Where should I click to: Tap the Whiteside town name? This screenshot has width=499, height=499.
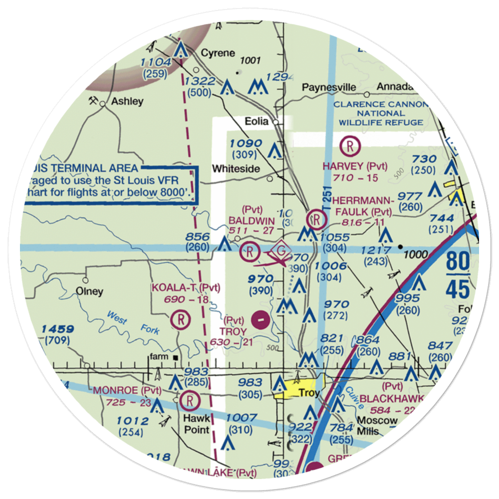pyautogui.click(x=236, y=169)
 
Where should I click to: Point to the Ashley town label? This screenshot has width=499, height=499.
pyautogui.click(x=127, y=101)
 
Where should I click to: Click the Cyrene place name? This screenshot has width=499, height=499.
pyautogui.click(x=217, y=53)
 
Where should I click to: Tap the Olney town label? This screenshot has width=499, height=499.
pyautogui.click(x=89, y=291)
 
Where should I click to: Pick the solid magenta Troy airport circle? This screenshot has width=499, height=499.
pyautogui.click(x=260, y=318)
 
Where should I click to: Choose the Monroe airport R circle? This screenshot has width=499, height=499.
pyautogui.click(x=190, y=400)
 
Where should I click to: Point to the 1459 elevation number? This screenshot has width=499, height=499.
pyautogui.click(x=58, y=329)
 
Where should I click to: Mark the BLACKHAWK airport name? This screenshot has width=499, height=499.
pyautogui.click(x=392, y=399)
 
